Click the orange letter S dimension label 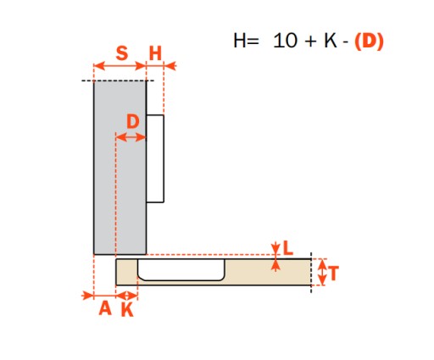[122, 53]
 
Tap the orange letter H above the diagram [155, 53]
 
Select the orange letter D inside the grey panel [133, 121]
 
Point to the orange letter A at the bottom [105, 308]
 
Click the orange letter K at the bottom [127, 310]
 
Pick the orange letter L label [288, 249]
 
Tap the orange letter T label [333, 273]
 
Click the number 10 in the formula [286, 41]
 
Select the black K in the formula [331, 41]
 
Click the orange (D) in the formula [369, 42]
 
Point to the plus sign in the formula [310, 42]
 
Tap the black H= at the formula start [246, 41]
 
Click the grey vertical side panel [120, 168]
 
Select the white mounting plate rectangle [155, 158]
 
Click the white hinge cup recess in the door [181, 269]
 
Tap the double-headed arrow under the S [120, 66]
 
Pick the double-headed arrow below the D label [131, 138]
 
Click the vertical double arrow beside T [322, 272]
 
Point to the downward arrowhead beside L [275, 248]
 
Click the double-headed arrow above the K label [126, 296]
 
